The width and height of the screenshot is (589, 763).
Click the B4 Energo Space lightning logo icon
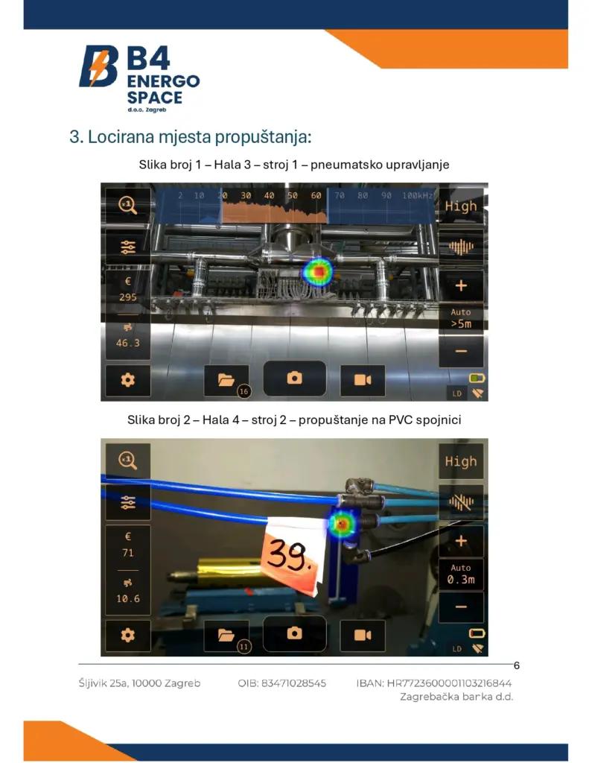[x=99, y=66]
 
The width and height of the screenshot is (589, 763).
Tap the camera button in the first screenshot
[x=294, y=378]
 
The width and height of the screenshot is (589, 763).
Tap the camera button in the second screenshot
[x=294, y=633]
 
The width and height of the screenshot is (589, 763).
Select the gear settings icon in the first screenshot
[x=128, y=380]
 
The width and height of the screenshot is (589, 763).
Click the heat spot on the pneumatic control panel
[x=318, y=271]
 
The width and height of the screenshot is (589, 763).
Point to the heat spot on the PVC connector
[x=342, y=524]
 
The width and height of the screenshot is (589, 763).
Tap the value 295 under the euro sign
[x=128, y=297]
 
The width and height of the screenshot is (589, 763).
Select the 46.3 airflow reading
[x=128, y=343]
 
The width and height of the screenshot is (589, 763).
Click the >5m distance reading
[x=461, y=324]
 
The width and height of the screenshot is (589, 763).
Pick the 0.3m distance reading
[x=461, y=580]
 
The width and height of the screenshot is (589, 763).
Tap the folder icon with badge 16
[x=226, y=380]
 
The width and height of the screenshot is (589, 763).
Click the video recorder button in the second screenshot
[x=363, y=635]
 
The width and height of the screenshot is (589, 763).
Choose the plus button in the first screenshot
[x=461, y=285]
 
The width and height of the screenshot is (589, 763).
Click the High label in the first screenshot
[x=461, y=206]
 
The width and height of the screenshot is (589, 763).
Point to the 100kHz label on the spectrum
[x=418, y=196]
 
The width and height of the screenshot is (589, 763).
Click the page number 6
[x=517, y=665]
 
